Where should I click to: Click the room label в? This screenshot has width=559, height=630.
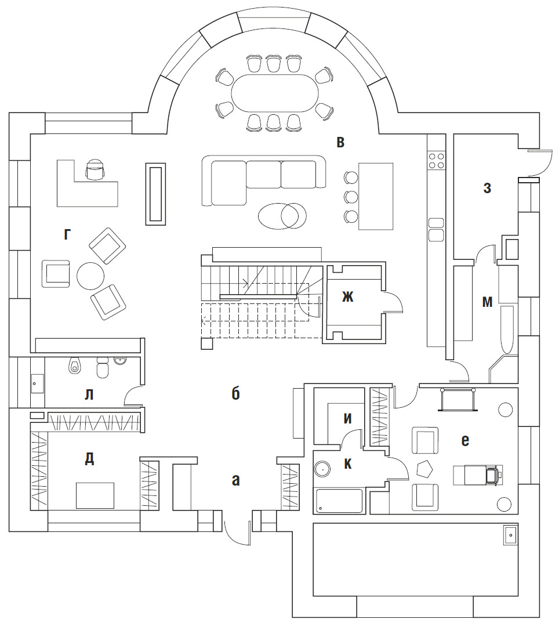(x=341, y=142)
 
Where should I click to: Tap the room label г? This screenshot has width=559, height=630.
(x=68, y=234)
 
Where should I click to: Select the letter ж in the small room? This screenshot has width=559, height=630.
(x=347, y=298)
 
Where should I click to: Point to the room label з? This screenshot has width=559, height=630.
(x=487, y=188)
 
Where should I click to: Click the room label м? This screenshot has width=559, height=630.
(x=488, y=302)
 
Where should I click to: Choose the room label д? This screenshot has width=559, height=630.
(x=89, y=458)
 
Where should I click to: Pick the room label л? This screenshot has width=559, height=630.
(x=89, y=394)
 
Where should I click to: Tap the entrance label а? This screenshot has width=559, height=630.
(x=235, y=480)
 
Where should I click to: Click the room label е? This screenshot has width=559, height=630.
(x=464, y=441)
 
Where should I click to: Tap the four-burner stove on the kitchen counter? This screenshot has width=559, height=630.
(x=437, y=160)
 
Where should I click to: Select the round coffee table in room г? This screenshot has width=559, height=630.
(x=91, y=277)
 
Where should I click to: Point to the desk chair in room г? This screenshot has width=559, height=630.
(x=95, y=169)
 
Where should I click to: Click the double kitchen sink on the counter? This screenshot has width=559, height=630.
(x=436, y=229)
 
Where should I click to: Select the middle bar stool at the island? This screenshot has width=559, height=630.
(x=350, y=196)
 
